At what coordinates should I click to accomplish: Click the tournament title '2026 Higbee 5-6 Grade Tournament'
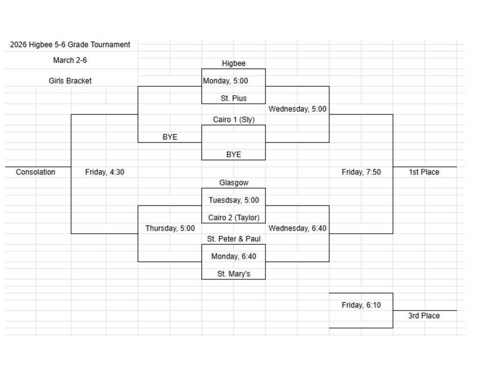click(70, 45)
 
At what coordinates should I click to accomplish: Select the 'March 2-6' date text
click(70, 61)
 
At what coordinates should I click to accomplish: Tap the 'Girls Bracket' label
click(70, 81)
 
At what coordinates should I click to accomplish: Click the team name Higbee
click(233, 64)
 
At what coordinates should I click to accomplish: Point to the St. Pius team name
click(233, 99)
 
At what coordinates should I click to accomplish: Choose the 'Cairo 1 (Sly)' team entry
click(233, 120)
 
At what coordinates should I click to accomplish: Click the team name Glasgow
click(233, 183)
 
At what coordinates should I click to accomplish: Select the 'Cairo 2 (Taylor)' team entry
click(233, 218)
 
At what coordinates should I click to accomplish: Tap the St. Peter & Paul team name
click(233, 239)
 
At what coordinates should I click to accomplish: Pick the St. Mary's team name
click(233, 274)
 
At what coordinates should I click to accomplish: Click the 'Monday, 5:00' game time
click(225, 81)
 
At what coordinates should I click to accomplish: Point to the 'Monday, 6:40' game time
click(233, 257)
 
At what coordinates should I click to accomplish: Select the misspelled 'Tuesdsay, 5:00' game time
click(233, 200)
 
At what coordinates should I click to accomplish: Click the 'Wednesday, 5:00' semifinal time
click(297, 109)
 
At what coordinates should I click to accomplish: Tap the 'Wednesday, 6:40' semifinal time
click(297, 228)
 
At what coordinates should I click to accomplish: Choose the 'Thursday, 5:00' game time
click(170, 228)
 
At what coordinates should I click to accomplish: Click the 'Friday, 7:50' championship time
click(361, 173)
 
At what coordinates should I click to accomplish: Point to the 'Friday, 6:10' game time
click(361, 305)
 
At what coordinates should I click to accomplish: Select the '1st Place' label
click(424, 173)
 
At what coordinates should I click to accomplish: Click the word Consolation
click(36, 173)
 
